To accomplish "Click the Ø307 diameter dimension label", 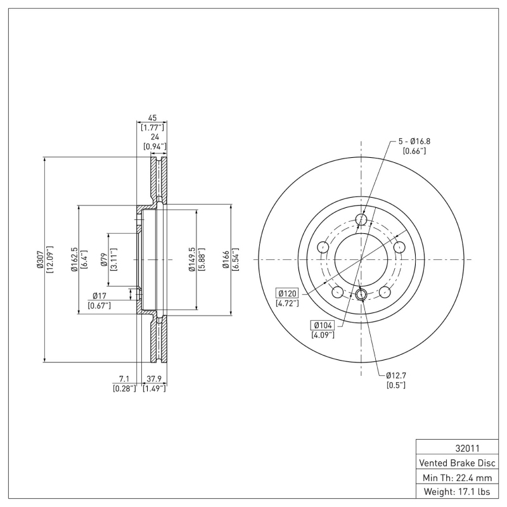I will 39,260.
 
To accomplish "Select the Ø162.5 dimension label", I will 74,259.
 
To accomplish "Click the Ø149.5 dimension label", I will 191,260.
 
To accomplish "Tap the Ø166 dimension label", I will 226,260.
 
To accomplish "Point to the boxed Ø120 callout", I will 288,293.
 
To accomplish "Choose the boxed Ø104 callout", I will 322,325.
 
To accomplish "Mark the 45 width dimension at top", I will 152,118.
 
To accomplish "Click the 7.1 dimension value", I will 124,379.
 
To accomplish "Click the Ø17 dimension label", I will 99,295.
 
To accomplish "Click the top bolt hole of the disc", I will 361,220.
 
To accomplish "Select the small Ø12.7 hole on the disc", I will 361,293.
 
